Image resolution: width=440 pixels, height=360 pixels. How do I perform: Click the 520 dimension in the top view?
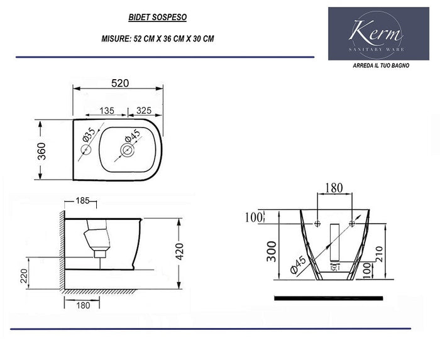click(x=121, y=82)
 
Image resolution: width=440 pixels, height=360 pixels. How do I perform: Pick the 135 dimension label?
click(x=106, y=110)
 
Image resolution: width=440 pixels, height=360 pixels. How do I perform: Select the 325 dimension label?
click(x=144, y=110)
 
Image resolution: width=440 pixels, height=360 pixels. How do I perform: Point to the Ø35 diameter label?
click(x=88, y=134)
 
